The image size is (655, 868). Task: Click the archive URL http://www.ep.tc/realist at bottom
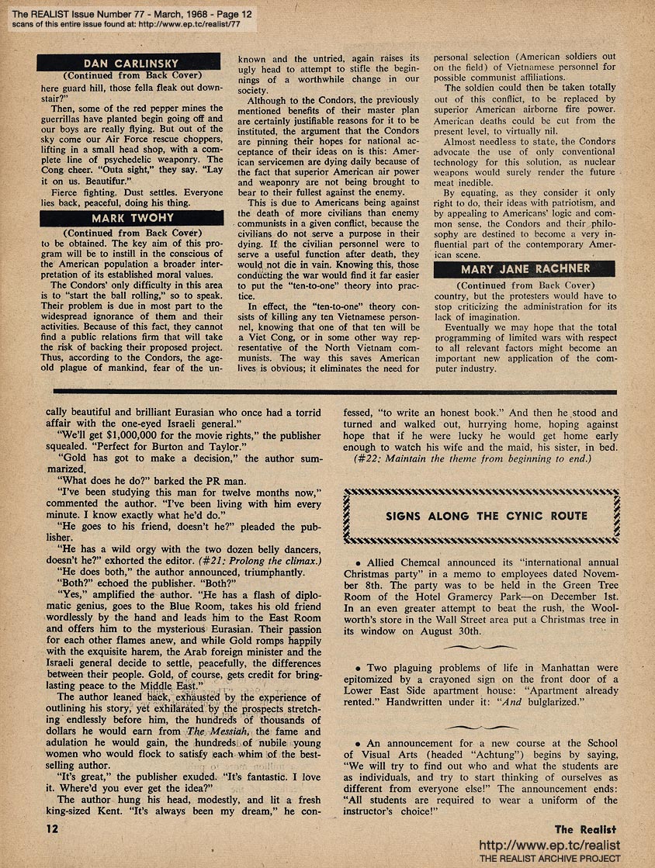pos(550,844)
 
